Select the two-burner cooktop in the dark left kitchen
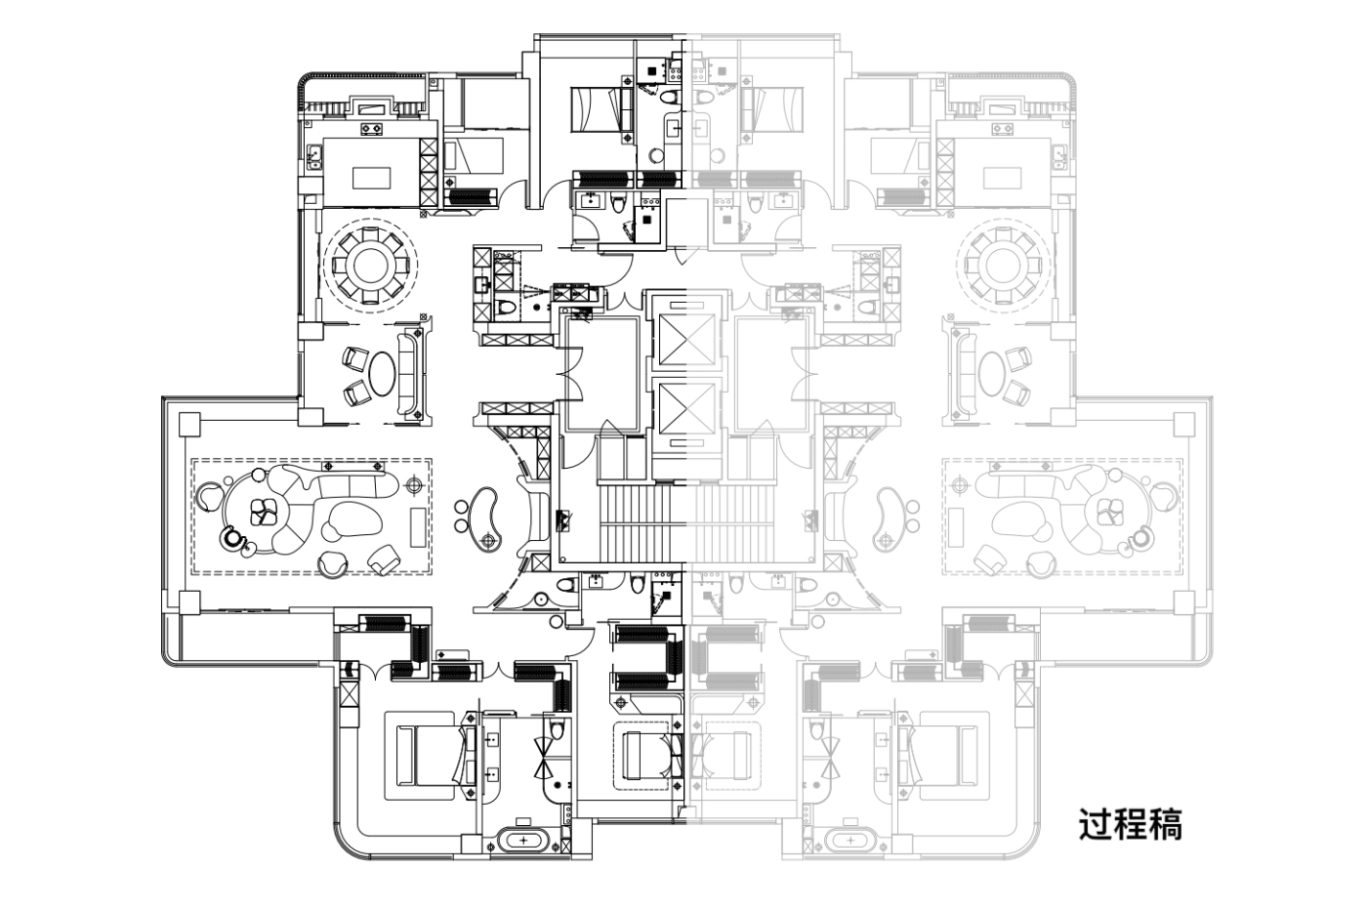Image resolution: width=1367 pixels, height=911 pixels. [x=371, y=127]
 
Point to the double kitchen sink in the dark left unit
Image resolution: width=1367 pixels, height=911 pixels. [x=314, y=156]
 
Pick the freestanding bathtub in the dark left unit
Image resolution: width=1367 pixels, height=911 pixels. [x=525, y=840]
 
